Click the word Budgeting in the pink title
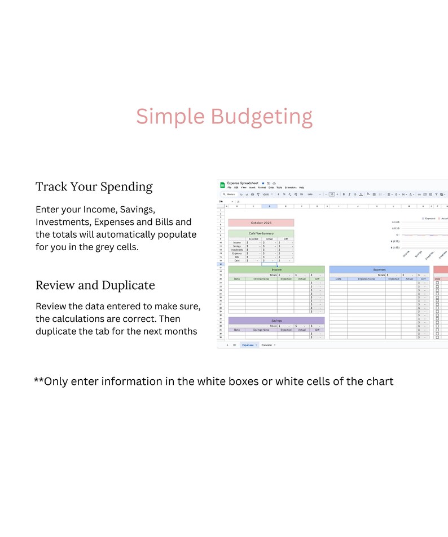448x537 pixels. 261,117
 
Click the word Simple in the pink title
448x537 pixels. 170,117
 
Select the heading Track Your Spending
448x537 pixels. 94,187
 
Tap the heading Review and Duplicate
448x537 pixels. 95,285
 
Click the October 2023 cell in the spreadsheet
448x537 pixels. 261,223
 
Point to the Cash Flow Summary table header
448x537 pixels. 261,233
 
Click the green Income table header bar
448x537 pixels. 276,270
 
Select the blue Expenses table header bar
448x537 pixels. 379,270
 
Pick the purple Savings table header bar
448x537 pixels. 276,321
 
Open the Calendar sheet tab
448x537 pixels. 267,344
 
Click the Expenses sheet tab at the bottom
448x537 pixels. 248,344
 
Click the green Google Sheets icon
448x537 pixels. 222,185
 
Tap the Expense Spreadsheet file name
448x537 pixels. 243,183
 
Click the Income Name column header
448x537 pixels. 261,279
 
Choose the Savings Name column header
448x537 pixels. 261,330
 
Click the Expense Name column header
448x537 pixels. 366,279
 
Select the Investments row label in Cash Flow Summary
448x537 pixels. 237,250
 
